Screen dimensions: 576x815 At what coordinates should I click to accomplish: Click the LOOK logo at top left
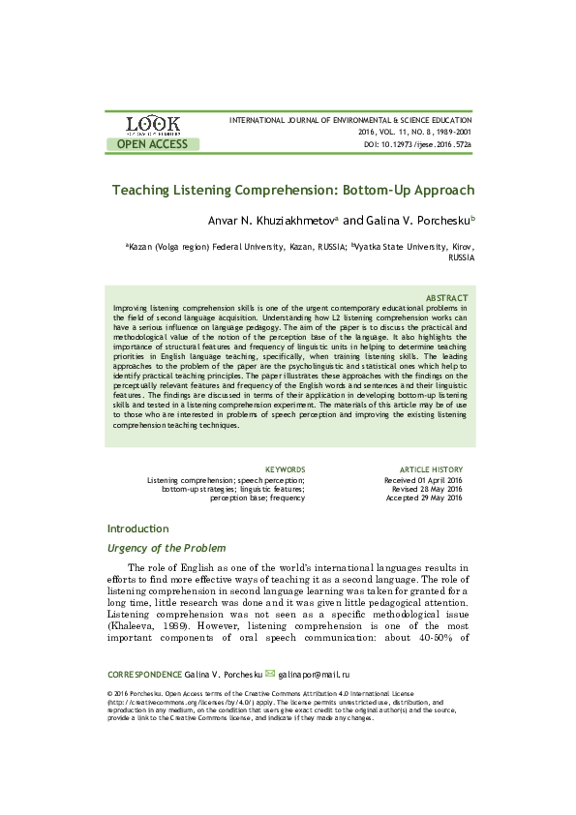152,125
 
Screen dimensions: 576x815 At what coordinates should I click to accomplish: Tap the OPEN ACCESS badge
152,144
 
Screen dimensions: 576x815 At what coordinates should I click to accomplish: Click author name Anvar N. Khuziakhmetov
275,220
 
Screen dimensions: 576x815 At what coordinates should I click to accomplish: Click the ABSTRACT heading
447,297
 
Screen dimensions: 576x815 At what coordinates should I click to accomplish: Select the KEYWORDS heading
285,469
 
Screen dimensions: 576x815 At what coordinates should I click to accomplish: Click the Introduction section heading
137,528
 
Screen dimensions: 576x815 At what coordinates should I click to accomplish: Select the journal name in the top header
349,119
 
